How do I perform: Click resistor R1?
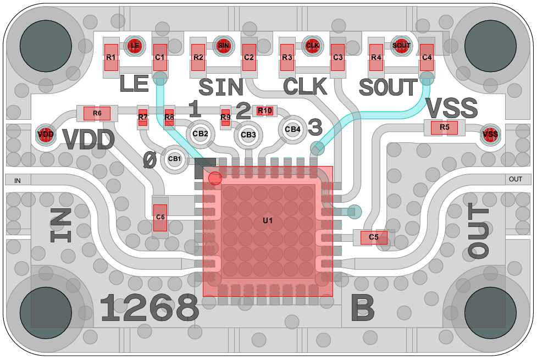click(111, 58)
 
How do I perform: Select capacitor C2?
click(249, 58)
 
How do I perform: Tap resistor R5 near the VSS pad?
click(445, 128)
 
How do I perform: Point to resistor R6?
click(97, 113)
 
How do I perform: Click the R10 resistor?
click(265, 111)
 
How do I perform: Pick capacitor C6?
click(160, 217)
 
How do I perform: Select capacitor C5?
click(374, 237)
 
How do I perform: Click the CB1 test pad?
click(175, 159)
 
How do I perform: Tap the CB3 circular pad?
click(248, 135)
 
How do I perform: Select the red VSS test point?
click(490, 134)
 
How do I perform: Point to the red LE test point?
click(135, 45)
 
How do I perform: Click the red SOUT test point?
click(401, 45)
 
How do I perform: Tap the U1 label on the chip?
click(268, 221)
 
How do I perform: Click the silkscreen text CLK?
click(305, 87)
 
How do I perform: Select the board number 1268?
click(150, 309)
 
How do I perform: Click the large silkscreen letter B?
click(363, 309)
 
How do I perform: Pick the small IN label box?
click(18, 180)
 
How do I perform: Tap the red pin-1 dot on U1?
click(215, 178)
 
